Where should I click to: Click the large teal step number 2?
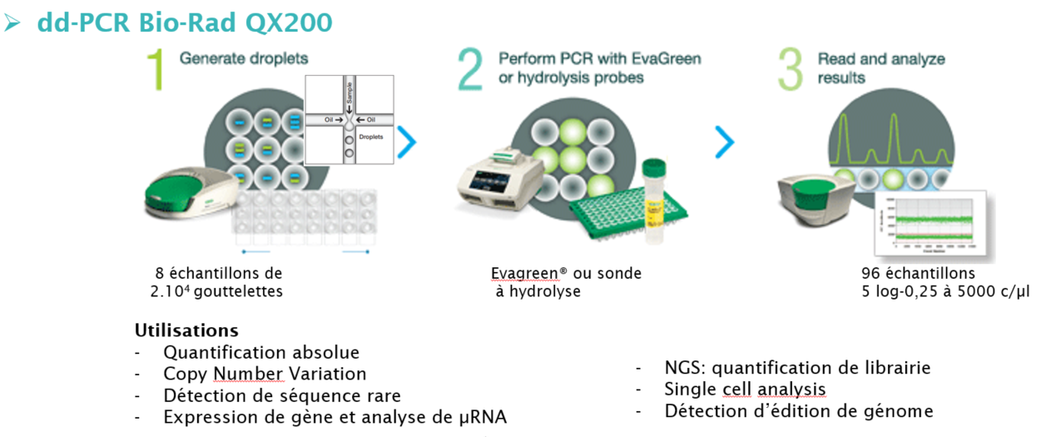(470, 70)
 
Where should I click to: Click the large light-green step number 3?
(790, 70)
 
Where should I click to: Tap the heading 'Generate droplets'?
(244, 58)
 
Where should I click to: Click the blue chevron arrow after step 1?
(406, 142)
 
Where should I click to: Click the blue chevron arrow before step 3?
(724, 142)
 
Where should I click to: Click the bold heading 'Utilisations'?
(186, 330)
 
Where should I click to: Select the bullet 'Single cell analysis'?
(745, 389)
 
